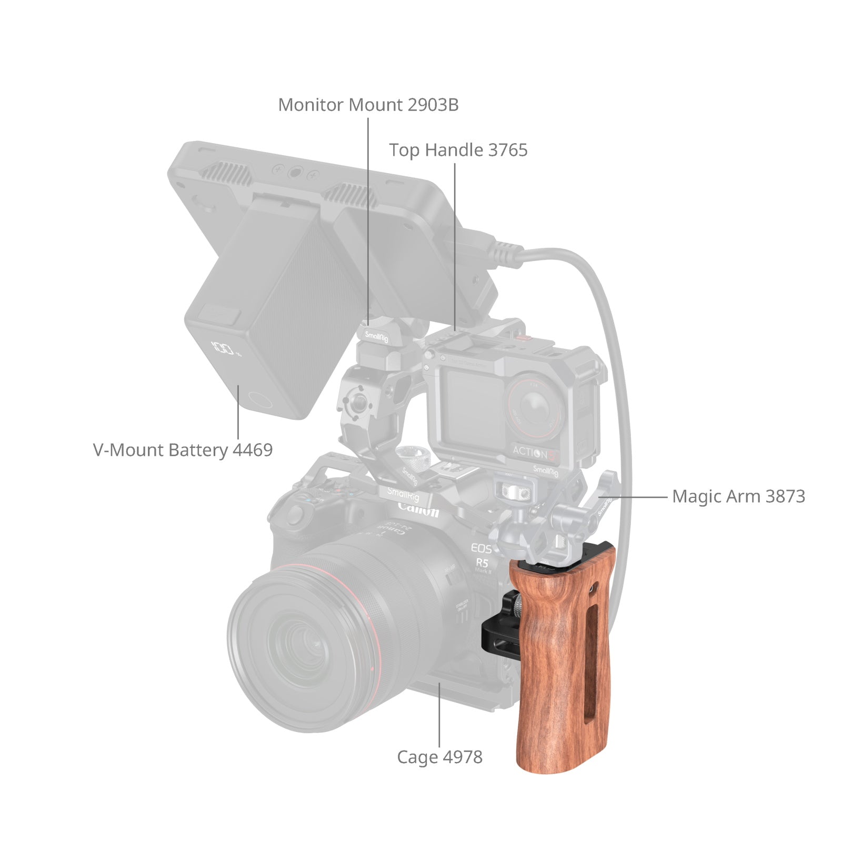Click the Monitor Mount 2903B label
point(368,105)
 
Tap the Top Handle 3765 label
point(458,150)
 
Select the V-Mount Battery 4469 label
point(183,450)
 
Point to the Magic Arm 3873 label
point(738,496)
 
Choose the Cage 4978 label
point(439,757)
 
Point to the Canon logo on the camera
point(418,509)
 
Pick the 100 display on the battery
point(222,348)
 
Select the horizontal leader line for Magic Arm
point(637,496)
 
